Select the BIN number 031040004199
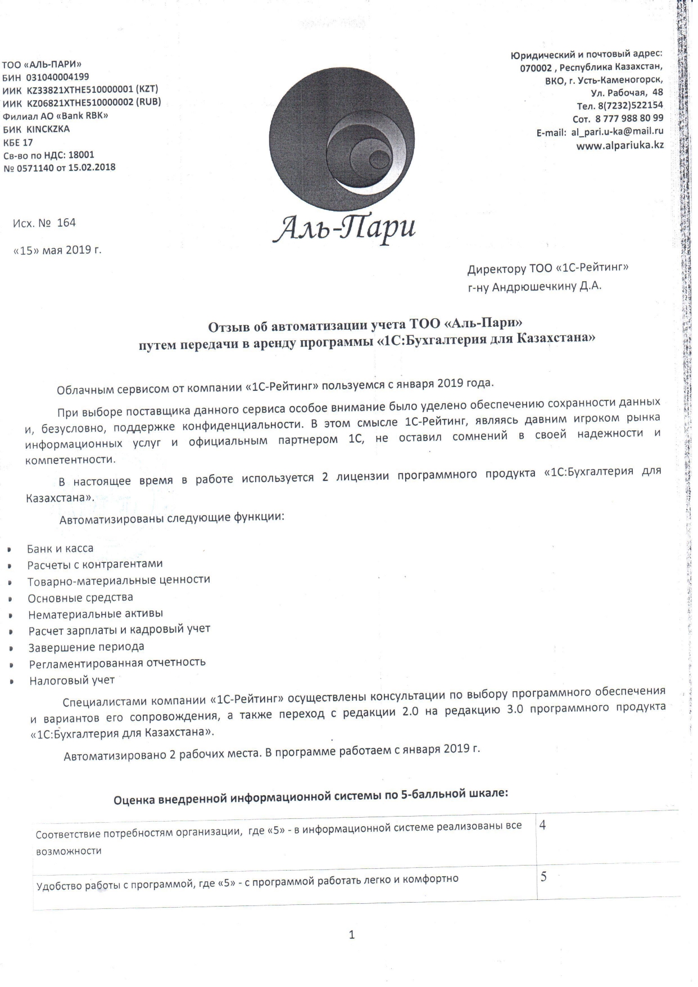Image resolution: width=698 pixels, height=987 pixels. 58,77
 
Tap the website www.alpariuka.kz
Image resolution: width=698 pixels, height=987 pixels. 620,145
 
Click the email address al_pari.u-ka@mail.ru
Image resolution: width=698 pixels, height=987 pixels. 617,132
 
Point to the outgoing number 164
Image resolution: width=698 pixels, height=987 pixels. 66,223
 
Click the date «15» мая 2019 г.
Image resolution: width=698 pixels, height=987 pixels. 57,250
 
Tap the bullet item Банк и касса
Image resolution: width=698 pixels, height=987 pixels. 60,548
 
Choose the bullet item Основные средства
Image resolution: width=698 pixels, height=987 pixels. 80,598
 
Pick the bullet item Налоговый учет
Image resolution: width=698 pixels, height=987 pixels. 72,680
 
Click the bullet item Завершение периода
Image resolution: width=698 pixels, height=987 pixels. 87,647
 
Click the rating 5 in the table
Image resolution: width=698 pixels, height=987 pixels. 543,877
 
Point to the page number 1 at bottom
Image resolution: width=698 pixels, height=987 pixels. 352,936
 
